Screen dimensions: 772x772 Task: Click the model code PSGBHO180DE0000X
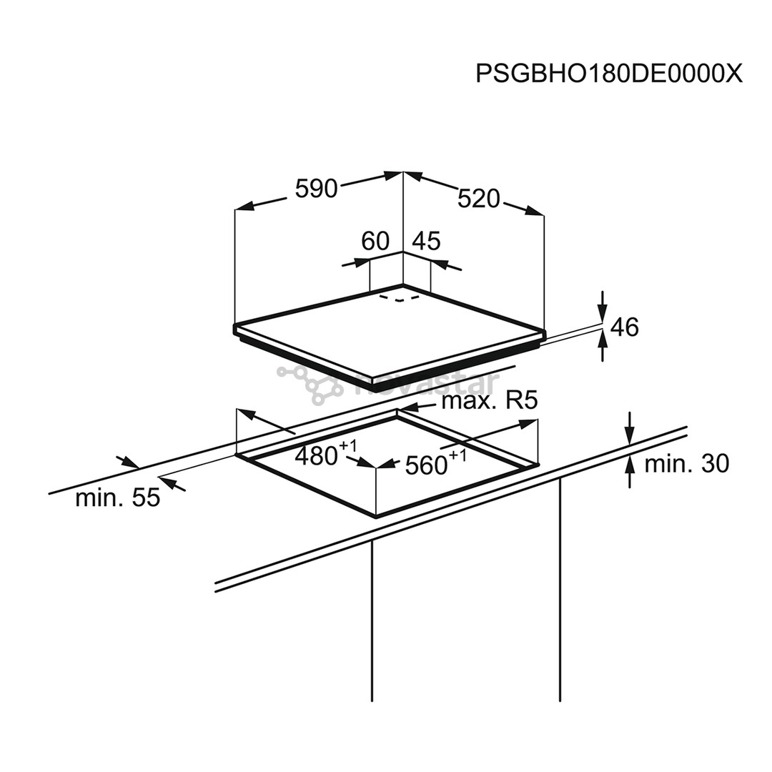click(x=609, y=73)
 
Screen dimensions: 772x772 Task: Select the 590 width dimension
click(x=316, y=189)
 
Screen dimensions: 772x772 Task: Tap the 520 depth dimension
click(x=479, y=199)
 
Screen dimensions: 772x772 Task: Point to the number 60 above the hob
click(x=375, y=242)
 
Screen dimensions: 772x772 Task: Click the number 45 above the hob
click(x=427, y=242)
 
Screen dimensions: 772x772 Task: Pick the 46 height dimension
click(x=624, y=327)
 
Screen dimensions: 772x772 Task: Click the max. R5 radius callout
click(x=489, y=401)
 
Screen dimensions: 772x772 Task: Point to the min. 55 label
click(x=118, y=498)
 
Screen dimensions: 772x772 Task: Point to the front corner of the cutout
click(x=376, y=515)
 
